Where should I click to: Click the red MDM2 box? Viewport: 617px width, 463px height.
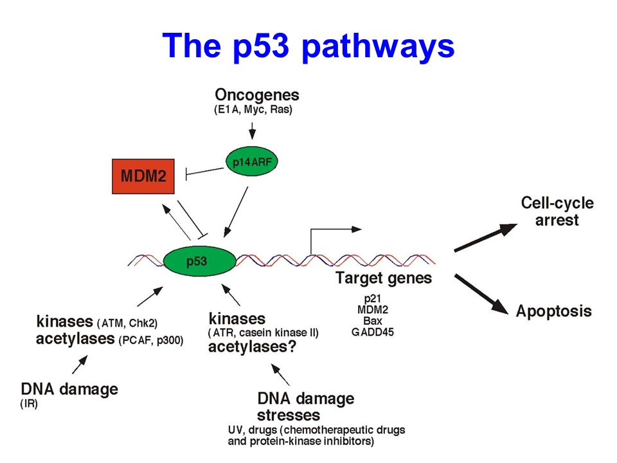coord(143,176)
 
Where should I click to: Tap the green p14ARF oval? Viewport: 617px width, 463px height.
coord(252,161)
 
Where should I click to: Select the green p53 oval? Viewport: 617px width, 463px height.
coord(199,261)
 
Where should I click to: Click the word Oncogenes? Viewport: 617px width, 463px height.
coord(257,95)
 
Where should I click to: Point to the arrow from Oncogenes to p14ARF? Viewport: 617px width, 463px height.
coord(252,131)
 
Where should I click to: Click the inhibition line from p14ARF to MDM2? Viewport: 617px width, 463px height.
coord(204,172)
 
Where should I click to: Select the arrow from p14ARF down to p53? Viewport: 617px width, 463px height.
coord(236,212)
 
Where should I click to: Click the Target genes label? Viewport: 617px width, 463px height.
coord(384,278)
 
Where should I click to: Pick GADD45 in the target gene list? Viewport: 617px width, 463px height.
coord(372,332)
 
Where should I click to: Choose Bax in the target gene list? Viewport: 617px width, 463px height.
coord(372,321)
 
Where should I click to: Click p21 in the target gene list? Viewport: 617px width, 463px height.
coord(372,299)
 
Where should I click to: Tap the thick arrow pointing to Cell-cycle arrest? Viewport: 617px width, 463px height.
coord(486,237)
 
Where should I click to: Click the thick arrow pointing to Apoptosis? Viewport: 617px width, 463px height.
coord(481,294)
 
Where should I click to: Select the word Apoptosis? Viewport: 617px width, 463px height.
coord(553,311)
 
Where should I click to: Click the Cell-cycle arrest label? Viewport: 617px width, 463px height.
coord(557,212)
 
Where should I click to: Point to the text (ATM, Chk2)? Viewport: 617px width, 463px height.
coord(127,323)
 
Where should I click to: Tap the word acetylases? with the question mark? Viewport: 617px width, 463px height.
coord(252,347)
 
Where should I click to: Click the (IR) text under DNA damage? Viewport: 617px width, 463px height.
coord(29,404)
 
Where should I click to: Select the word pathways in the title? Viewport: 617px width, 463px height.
coord(378,46)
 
